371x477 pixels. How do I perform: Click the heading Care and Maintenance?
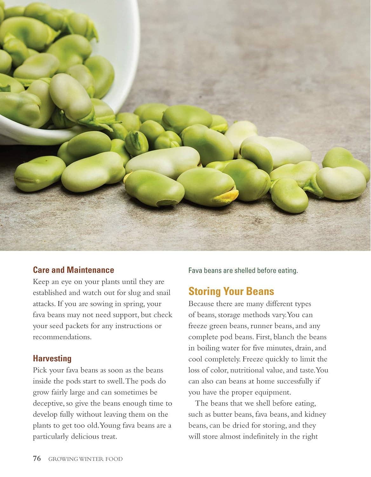73,270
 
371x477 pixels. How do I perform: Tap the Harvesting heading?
52,358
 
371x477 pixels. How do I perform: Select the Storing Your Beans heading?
231,291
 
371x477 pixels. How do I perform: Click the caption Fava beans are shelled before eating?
243,271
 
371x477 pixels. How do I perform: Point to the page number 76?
37,459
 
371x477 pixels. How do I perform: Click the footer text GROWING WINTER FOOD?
85,459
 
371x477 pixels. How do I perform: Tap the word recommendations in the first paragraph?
62,337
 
